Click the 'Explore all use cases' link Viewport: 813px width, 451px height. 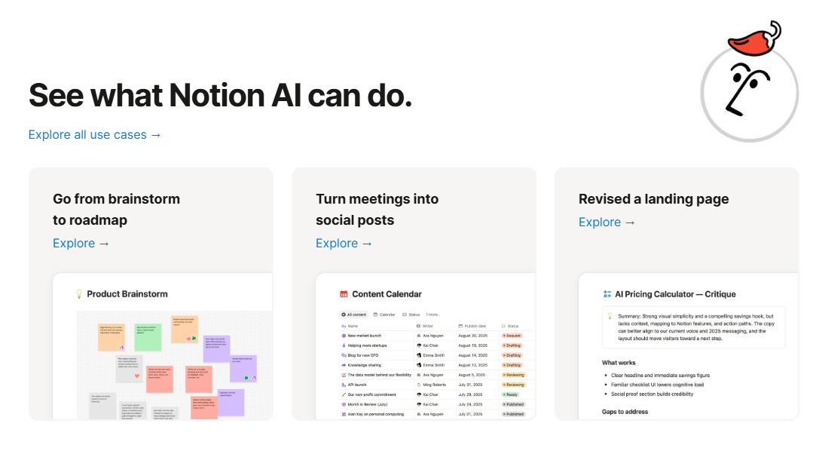[x=95, y=135]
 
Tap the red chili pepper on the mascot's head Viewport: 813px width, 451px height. [x=754, y=38]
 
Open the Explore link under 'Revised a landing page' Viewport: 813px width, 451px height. [x=607, y=222]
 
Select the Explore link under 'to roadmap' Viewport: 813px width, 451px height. [x=81, y=244]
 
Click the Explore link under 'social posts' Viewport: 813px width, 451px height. [x=344, y=244]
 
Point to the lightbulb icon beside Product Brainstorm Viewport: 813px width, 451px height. [x=78, y=294]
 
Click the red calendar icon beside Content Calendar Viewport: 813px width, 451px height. [x=344, y=294]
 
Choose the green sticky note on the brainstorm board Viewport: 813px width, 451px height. [x=148, y=337]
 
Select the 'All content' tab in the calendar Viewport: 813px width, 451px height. [x=354, y=314]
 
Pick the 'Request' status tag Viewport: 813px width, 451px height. [x=512, y=336]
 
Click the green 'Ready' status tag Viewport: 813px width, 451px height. [x=512, y=394]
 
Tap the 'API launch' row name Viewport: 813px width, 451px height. [x=356, y=385]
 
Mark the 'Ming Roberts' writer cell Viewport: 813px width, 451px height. [x=434, y=385]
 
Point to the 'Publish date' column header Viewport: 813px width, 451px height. [x=475, y=326]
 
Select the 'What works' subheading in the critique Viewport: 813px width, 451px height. [x=619, y=363]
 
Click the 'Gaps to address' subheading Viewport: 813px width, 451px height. [x=625, y=412]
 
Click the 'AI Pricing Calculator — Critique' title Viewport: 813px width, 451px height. [x=675, y=294]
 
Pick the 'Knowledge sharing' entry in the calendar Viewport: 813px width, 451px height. [x=364, y=365]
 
